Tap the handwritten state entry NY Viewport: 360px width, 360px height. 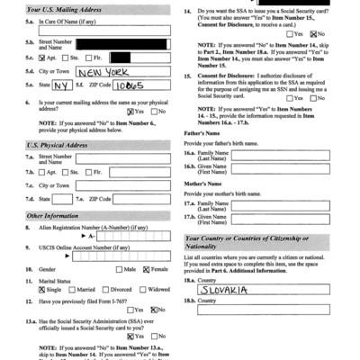click(x=60, y=86)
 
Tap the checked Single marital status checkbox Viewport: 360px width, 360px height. click(x=42, y=290)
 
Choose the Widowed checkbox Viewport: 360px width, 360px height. click(x=146, y=290)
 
